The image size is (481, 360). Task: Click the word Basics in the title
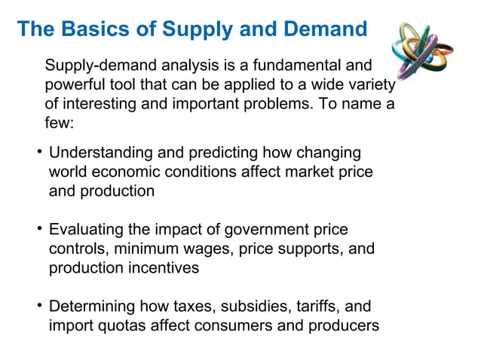coord(85,29)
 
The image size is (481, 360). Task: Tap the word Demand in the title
coord(325,29)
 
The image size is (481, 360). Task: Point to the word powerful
coord(75,84)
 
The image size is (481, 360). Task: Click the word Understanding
coord(99,154)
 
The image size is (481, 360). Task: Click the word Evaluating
coord(86,230)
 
